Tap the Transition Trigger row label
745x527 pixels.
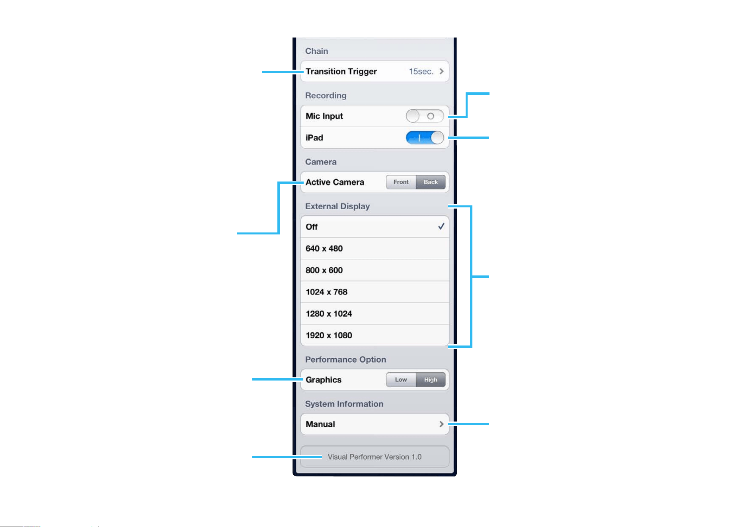(x=341, y=72)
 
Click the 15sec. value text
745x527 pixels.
(x=421, y=72)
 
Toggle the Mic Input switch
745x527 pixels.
(x=425, y=116)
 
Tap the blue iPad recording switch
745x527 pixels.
(x=425, y=138)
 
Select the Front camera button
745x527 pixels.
(x=401, y=182)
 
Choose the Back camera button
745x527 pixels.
(x=431, y=182)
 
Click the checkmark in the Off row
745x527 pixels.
(x=441, y=226)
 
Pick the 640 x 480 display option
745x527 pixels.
(x=324, y=248)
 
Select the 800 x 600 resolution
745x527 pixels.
(x=324, y=270)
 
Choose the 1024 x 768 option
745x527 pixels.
(x=326, y=292)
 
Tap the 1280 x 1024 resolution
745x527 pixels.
(x=329, y=314)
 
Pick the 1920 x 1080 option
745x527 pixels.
(x=329, y=336)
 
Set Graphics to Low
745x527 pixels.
(x=401, y=380)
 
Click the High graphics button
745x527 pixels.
(x=431, y=380)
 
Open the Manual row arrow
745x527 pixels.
(x=441, y=424)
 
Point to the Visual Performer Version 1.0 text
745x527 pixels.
(x=374, y=457)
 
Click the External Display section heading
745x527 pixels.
(x=337, y=207)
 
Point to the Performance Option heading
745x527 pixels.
(x=345, y=359)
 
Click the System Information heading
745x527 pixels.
(x=344, y=404)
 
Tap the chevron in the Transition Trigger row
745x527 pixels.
(x=441, y=71)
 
